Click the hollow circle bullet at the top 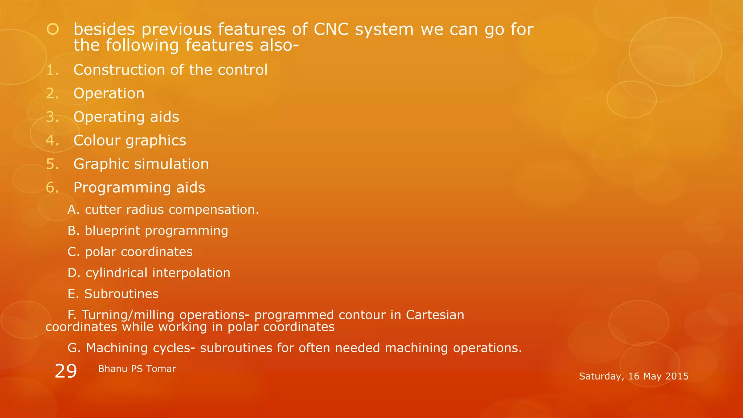coord(53,29)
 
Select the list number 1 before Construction coord(52,70)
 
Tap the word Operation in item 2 coord(109,94)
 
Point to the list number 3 coord(52,117)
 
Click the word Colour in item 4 coord(97,141)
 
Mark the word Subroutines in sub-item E coord(121,294)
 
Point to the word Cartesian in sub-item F coord(435,315)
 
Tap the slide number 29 coord(66,371)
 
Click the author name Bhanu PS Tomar coord(137,369)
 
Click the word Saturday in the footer coord(601,377)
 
